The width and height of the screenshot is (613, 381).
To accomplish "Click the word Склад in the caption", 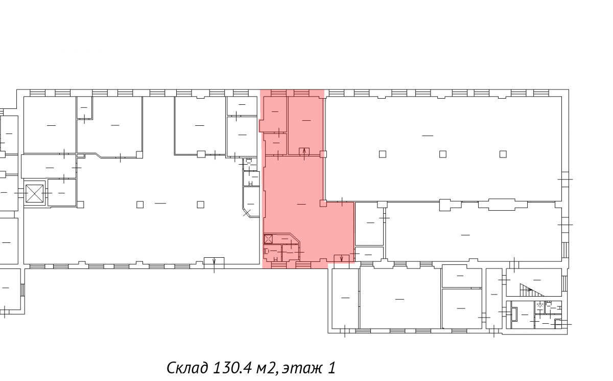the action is [x=187, y=368].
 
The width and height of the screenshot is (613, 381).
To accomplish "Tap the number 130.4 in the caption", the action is [x=232, y=368].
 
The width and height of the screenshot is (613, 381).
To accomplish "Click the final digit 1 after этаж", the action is [x=332, y=368].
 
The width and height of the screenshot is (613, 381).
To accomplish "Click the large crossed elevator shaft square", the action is [x=35, y=193].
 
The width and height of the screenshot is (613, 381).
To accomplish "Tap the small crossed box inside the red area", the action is [x=268, y=239].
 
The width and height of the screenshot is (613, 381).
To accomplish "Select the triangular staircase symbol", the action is [x=531, y=290].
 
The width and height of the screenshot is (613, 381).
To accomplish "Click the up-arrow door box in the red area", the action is [x=304, y=151].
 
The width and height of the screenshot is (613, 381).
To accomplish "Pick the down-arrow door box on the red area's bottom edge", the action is [x=342, y=259].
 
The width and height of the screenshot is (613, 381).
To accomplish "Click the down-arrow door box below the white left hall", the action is [x=214, y=263].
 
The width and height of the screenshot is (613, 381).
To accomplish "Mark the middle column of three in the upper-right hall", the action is [x=443, y=154].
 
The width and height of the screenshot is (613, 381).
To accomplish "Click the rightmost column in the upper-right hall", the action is [x=503, y=154].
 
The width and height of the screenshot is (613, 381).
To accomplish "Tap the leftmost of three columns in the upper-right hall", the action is [x=383, y=154].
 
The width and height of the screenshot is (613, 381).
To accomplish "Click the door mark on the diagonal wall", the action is [x=247, y=213].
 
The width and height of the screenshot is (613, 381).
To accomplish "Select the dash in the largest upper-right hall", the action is [x=428, y=136].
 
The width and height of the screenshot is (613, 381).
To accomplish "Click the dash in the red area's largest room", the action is [x=301, y=204].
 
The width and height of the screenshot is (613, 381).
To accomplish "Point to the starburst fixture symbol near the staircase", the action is [x=539, y=305].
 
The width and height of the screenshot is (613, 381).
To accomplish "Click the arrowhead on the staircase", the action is [x=530, y=289].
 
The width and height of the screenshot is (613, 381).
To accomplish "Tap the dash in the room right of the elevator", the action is [x=62, y=193].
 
